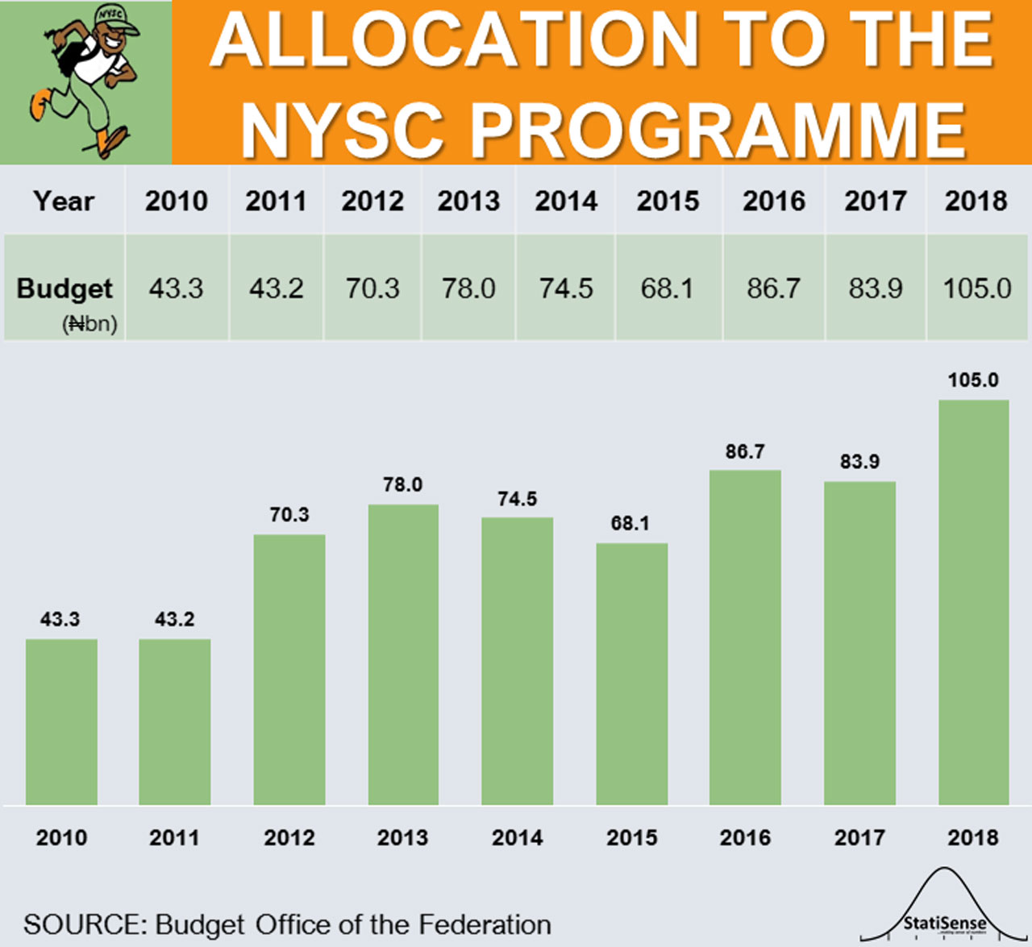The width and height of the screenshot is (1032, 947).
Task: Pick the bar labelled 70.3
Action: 289,669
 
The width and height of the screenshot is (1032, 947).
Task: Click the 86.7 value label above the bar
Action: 744,451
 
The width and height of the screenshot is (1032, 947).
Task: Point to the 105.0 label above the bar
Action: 972,380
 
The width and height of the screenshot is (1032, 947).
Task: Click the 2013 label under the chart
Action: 402,837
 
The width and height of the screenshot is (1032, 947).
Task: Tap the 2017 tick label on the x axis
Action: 859,837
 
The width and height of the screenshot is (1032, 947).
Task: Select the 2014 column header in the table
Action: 566,201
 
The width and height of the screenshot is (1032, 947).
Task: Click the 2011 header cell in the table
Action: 276,201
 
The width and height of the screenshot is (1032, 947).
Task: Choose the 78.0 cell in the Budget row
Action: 468,288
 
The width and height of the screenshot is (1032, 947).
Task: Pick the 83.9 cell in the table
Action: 876,288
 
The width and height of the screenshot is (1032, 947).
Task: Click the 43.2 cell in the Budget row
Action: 276,288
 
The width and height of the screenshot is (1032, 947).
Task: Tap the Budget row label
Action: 64,289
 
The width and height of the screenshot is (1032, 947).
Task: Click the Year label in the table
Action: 64,201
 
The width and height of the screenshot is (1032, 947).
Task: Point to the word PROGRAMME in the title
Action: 718,129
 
